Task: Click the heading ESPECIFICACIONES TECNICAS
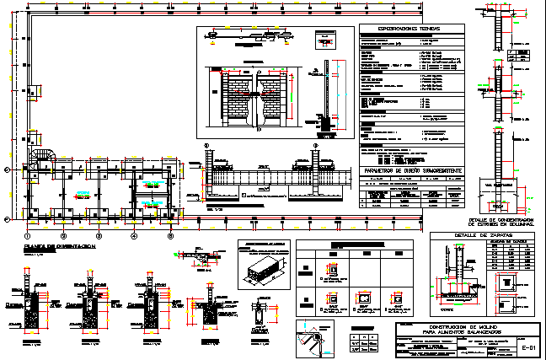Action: pos(412,29)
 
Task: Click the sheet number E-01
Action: pos(528,347)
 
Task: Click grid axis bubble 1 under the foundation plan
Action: pos(27,235)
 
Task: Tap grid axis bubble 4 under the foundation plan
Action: pos(133,235)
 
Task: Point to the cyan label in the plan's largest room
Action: pos(82,195)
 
